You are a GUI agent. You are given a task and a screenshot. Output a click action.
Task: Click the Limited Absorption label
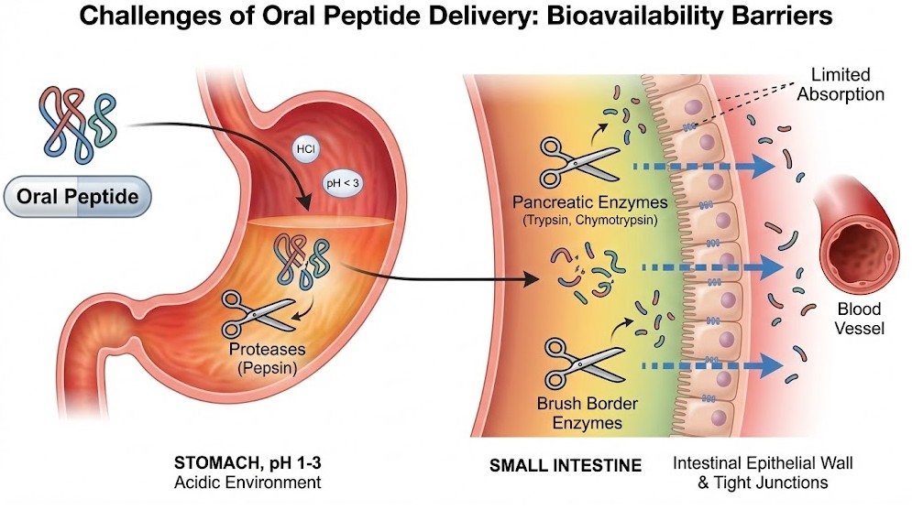(x=846, y=85)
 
